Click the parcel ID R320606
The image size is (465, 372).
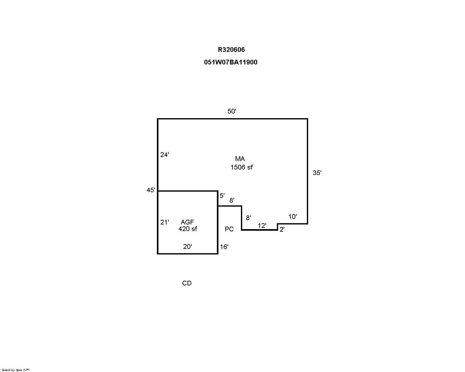(x=231, y=50)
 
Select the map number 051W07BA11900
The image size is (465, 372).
(x=231, y=62)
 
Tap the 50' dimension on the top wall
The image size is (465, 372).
(x=232, y=111)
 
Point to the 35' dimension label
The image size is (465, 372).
(x=317, y=173)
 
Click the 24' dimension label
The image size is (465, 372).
(x=164, y=154)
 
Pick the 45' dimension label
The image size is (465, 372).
(x=151, y=190)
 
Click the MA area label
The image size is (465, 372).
(x=240, y=159)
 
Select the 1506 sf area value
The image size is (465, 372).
(x=241, y=167)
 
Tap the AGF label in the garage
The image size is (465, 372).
(x=187, y=222)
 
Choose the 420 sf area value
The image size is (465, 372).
(x=187, y=229)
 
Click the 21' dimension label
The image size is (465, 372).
(x=164, y=222)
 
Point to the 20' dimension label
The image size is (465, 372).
(x=187, y=247)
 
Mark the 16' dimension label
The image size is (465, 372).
(x=224, y=247)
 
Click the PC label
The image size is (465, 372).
(x=229, y=229)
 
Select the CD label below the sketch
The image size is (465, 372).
(x=187, y=283)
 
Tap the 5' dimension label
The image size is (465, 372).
(x=222, y=196)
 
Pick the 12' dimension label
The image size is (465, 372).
(x=262, y=226)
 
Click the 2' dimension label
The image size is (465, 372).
(x=282, y=229)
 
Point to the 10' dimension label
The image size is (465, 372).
(x=292, y=217)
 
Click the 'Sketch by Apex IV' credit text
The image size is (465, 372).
(x=15, y=370)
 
